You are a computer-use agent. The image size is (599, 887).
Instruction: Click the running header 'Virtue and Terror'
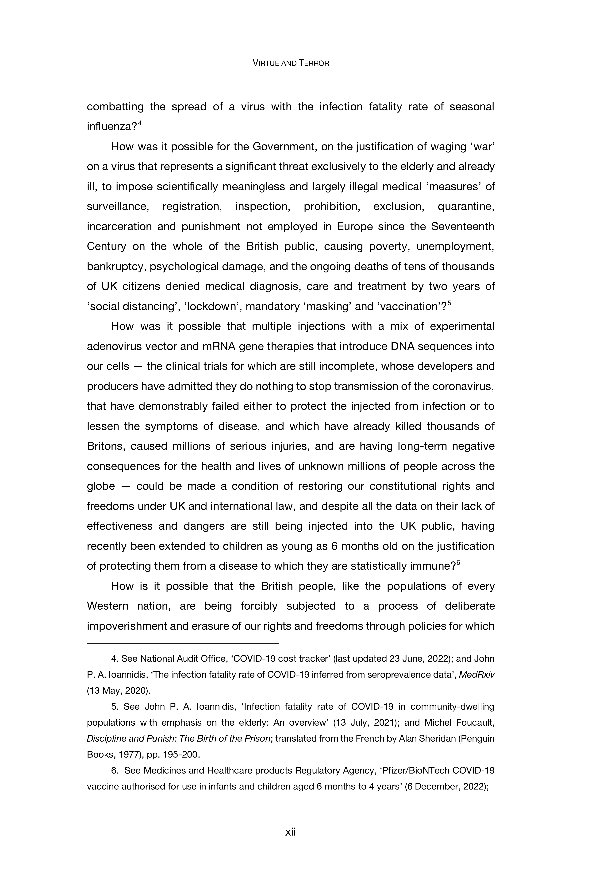(x=291, y=63)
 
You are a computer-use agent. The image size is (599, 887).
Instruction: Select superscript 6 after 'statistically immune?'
(x=458, y=562)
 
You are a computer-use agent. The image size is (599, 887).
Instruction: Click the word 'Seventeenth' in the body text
(x=462, y=227)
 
